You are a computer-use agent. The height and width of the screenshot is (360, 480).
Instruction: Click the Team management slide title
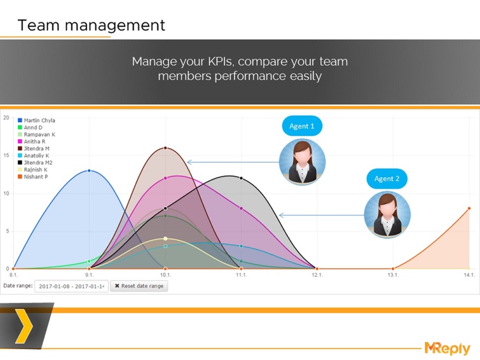pyautogui.click(x=91, y=26)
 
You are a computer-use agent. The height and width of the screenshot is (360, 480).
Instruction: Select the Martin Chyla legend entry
pyautogui.click(x=39, y=120)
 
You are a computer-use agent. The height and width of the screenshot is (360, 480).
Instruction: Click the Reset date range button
pyautogui.click(x=139, y=286)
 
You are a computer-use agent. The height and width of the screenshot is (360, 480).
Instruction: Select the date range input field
pyautogui.click(x=71, y=286)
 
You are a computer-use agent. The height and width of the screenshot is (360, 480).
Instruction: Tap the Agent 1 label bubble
pyautogui.click(x=301, y=127)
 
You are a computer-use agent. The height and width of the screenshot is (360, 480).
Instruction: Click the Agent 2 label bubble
pyautogui.click(x=387, y=179)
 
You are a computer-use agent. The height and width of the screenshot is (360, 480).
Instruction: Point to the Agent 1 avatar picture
pyautogui.click(x=302, y=162)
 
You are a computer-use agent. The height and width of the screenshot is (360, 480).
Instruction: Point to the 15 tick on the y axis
pyautogui.click(x=6, y=155)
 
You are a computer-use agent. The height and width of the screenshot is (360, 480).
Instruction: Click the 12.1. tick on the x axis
pyautogui.click(x=317, y=275)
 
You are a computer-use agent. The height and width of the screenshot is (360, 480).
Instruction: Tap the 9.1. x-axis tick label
pyautogui.click(x=89, y=275)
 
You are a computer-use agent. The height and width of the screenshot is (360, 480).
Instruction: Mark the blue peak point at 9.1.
pyautogui.click(x=89, y=171)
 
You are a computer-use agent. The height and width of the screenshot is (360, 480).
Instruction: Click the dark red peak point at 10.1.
pyautogui.click(x=165, y=148)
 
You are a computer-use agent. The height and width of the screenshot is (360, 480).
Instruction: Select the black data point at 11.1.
pyautogui.click(x=241, y=178)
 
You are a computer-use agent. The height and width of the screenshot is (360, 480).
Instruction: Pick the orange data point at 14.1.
pyautogui.click(x=469, y=208)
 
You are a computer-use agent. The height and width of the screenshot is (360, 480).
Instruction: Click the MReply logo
pyautogui.click(x=447, y=348)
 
